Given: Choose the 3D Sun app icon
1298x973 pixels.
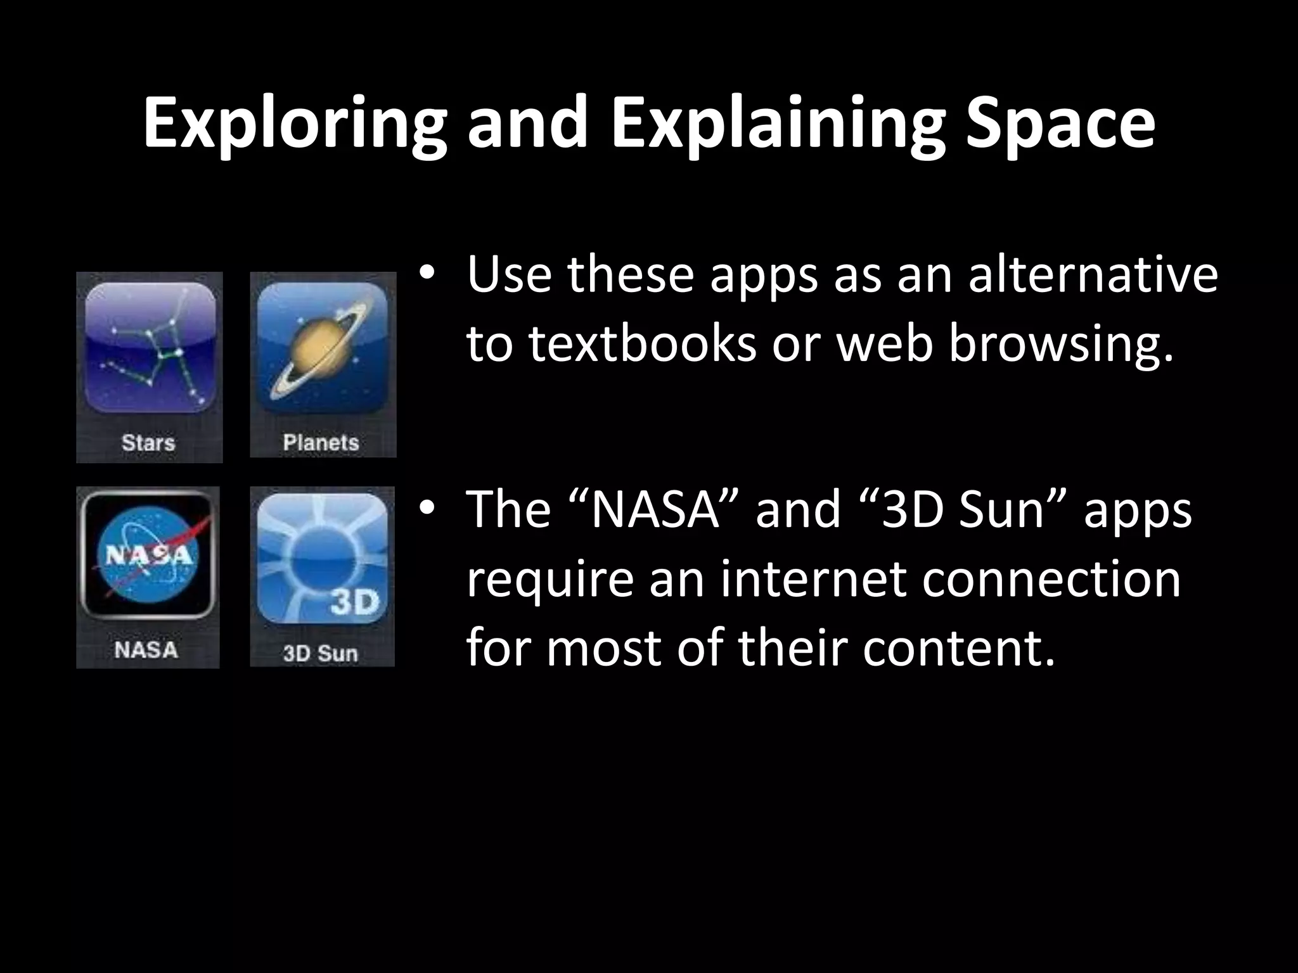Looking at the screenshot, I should pyautogui.click(x=323, y=557).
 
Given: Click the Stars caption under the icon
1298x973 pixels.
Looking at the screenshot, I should pyautogui.click(x=148, y=442).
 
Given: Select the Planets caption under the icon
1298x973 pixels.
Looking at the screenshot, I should pyautogui.click(x=321, y=442).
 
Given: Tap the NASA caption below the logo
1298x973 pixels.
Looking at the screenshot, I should pyautogui.click(x=146, y=650).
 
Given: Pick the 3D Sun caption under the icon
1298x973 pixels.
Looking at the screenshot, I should pyautogui.click(x=321, y=652).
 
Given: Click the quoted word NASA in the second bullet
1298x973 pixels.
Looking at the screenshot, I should pyautogui.click(x=656, y=510).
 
